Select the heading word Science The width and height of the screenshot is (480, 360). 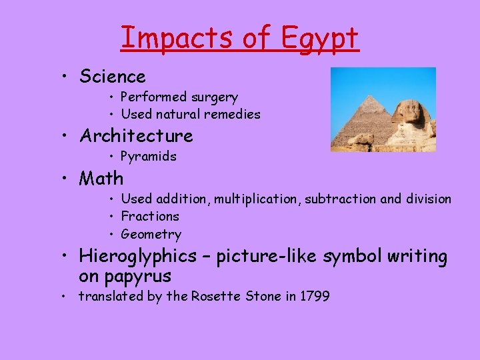tap(112, 77)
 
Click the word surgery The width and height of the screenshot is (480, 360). tap(214, 97)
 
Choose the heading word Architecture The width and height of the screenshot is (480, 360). tap(136, 136)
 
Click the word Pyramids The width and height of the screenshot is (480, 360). tap(148, 157)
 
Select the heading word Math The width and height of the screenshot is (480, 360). tap(101, 178)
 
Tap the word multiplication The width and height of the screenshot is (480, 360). tap(257, 199)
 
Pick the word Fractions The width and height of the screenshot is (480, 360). tap(150, 216)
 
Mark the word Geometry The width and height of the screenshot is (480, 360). tap(151, 234)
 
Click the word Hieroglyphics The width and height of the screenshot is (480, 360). tap(138, 256)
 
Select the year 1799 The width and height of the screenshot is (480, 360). tap(315, 296)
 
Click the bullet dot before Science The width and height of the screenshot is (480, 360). tap(62, 77)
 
